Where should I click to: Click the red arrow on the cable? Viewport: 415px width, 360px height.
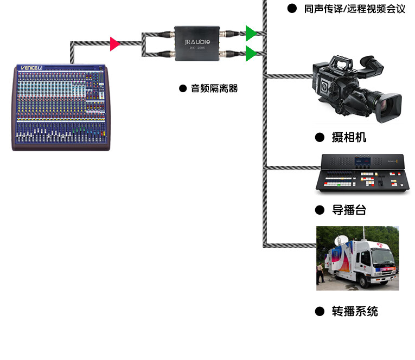[114, 44]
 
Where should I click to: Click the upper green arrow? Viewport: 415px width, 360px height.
[251, 33]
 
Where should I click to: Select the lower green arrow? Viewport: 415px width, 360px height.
[251, 53]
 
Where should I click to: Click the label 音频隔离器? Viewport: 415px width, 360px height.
[214, 88]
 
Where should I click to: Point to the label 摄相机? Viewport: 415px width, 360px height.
[349, 137]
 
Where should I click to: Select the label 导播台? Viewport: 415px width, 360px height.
[349, 210]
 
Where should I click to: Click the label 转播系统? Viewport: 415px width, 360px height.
[355, 311]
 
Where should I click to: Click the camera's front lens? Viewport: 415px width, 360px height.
[392, 106]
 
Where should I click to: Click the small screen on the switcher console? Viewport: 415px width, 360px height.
[362, 161]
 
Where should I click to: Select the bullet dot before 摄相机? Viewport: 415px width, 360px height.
[320, 137]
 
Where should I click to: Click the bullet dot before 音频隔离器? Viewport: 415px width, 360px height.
[183, 88]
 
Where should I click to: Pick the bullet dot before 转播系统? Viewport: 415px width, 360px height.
[320, 311]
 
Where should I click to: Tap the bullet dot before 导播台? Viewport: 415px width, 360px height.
[320, 210]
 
